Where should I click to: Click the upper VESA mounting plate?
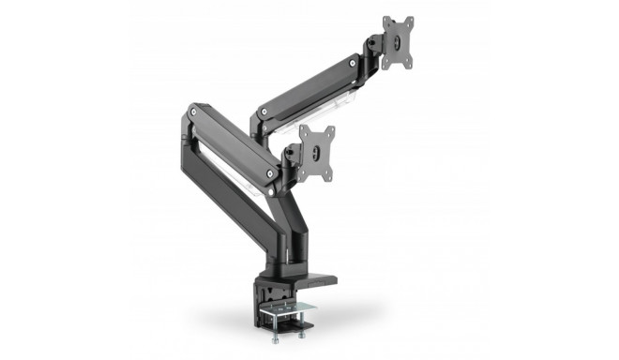[398, 43]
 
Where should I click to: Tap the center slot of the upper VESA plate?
[398, 43]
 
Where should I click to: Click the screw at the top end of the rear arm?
[353, 65]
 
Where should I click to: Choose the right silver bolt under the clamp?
[304, 328]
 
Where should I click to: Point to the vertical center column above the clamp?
[282, 234]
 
